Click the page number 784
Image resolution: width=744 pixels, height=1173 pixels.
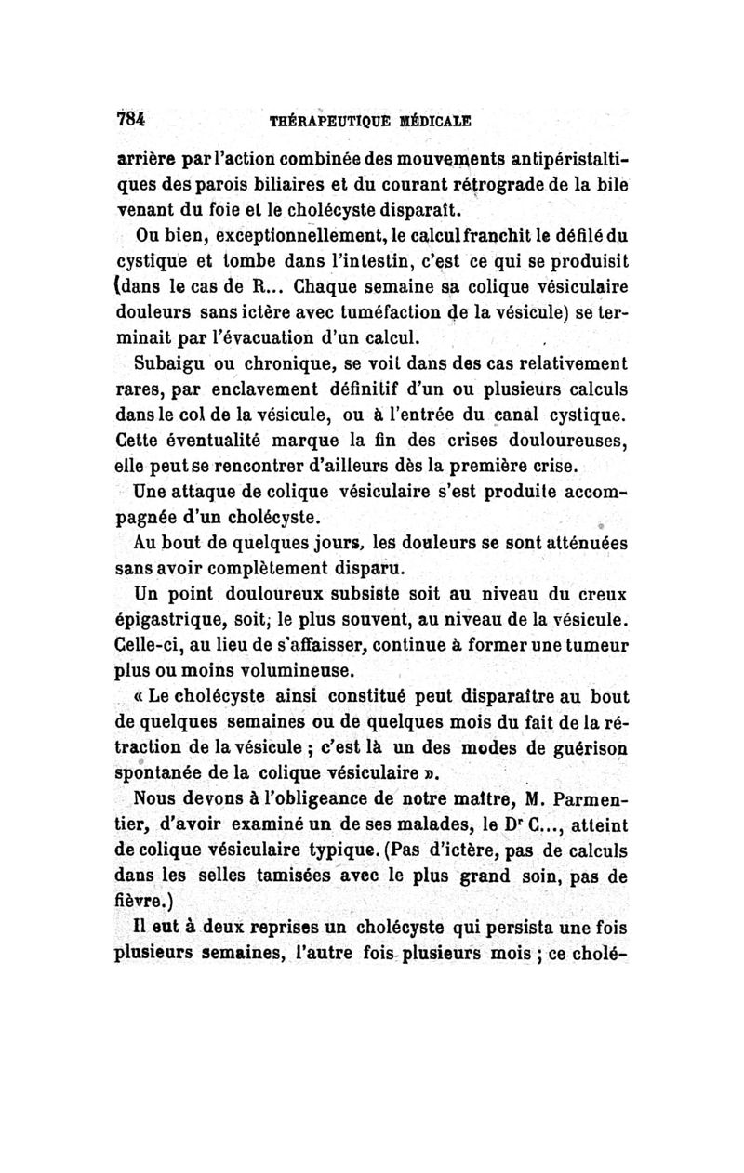[x=134, y=119]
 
